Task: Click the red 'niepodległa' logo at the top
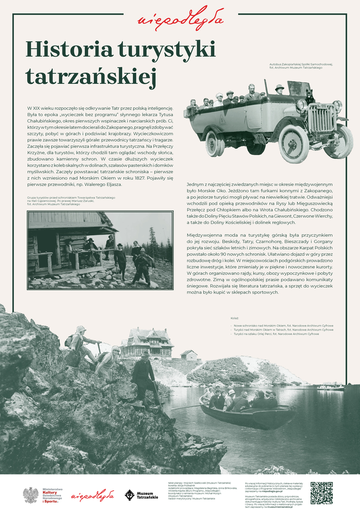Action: click(x=180, y=18)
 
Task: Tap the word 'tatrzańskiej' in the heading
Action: click(x=91, y=76)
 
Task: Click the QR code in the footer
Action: click(x=321, y=493)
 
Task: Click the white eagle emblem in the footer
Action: click(x=31, y=495)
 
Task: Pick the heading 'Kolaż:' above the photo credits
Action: click(x=234, y=318)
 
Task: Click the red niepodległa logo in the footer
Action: click(x=93, y=495)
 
